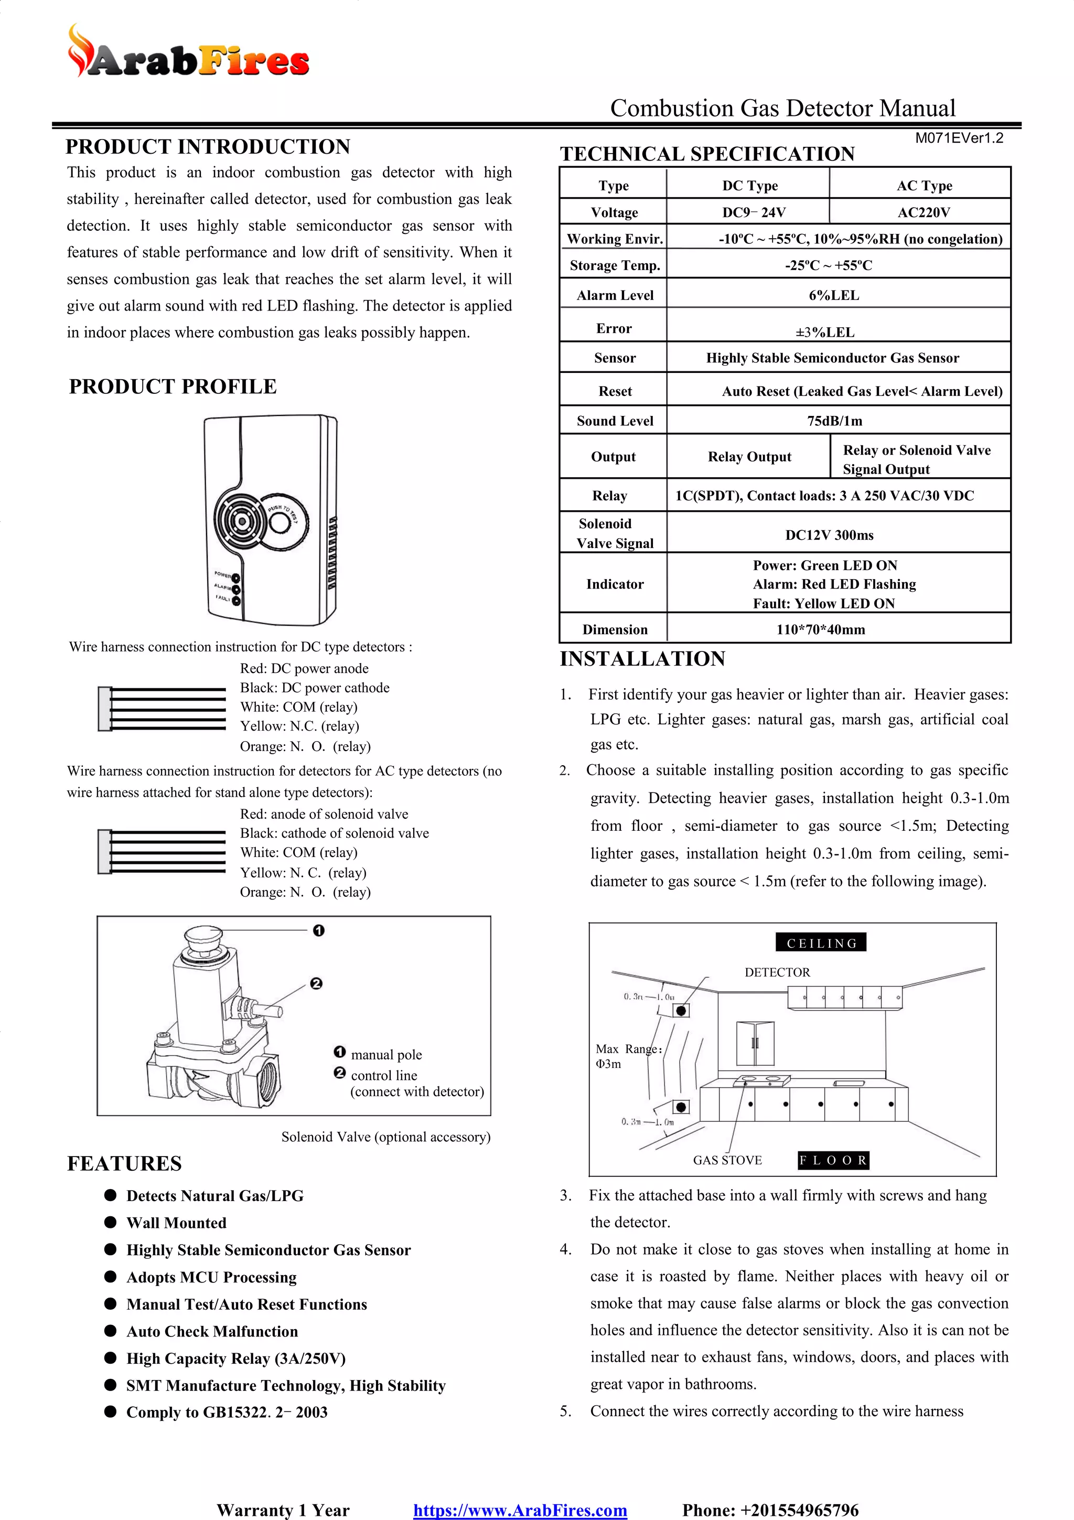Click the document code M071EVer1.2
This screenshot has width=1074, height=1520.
pos(959,138)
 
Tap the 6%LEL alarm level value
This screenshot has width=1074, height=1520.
pos(834,295)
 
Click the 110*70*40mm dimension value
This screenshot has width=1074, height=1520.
pos(821,629)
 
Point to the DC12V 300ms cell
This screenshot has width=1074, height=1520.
pos(829,535)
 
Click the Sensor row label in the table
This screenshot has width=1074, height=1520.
pos(615,358)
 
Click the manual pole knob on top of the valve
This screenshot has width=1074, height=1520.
pos(202,937)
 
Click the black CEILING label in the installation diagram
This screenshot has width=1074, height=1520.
pos(821,943)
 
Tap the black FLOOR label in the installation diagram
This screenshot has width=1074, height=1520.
pos(833,1160)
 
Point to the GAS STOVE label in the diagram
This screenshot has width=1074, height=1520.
pos(727,1160)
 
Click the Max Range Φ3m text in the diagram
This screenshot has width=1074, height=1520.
pos(627,1056)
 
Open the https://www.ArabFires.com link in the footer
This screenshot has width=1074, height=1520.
pos(520,1510)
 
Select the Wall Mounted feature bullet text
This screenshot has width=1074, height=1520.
pos(176,1223)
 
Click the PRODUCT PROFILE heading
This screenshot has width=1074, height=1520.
pos(173,387)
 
